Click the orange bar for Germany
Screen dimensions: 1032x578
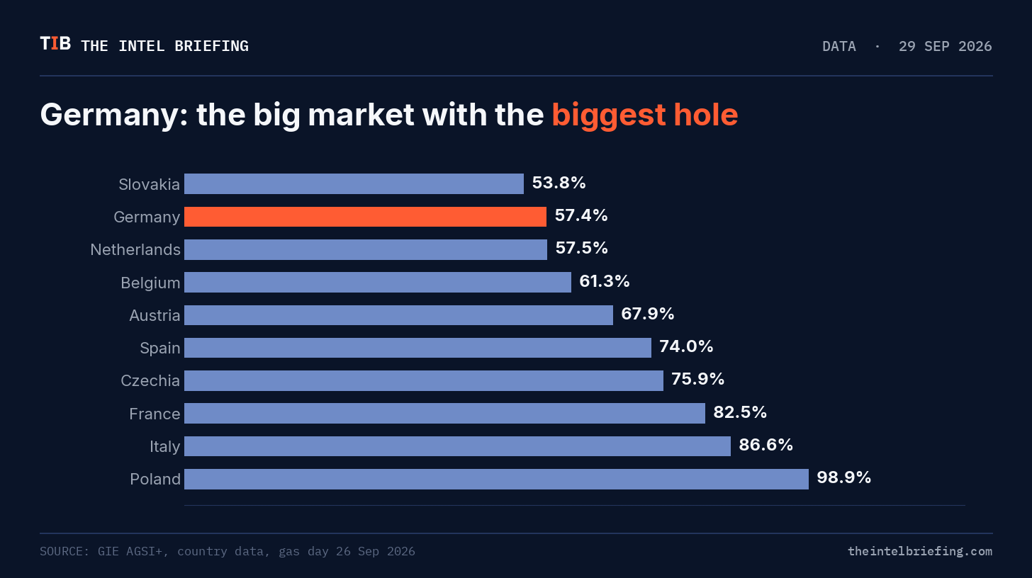tap(365, 217)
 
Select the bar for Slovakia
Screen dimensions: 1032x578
tap(354, 183)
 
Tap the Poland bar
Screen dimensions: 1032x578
tap(496, 479)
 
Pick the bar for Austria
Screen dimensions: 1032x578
tap(398, 315)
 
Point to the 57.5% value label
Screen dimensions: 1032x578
tap(581, 248)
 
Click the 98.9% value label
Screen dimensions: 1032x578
tap(843, 477)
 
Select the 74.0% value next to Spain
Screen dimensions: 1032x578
tap(686, 346)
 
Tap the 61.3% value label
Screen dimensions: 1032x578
tap(604, 281)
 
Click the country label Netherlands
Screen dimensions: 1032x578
tap(135, 249)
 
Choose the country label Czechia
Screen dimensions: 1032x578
tap(150, 381)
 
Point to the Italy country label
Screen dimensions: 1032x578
tap(164, 446)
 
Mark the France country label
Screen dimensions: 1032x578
tap(155, 414)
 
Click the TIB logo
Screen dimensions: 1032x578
tap(55, 44)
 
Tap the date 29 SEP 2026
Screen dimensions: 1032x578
tap(945, 47)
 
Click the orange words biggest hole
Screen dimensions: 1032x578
tap(645, 115)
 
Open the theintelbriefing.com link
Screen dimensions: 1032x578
tap(920, 551)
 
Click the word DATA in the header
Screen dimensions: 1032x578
tap(839, 47)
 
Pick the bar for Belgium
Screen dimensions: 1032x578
tap(378, 283)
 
